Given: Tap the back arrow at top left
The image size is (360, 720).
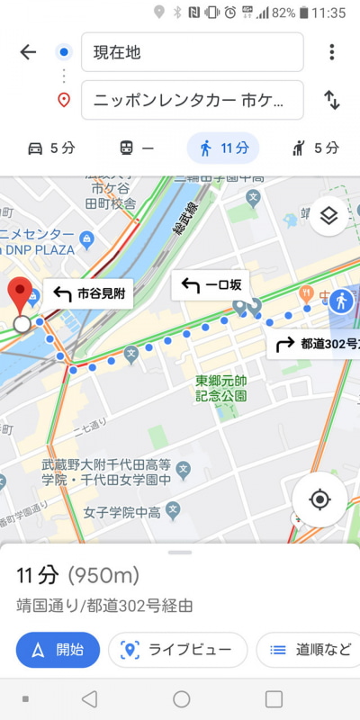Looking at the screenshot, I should (28, 52).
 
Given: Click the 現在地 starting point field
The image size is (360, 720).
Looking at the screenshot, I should (192, 52).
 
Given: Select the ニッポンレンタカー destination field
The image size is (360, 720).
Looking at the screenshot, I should (192, 100).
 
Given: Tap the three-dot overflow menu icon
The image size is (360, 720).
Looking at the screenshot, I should (331, 52).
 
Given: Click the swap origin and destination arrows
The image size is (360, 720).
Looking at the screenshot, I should (331, 100).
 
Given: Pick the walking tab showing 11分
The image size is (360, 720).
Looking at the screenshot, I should (222, 148).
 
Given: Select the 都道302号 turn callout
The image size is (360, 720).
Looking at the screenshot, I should (315, 343).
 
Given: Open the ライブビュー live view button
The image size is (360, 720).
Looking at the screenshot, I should (177, 650).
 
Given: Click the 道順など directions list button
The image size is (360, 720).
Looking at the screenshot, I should (310, 650).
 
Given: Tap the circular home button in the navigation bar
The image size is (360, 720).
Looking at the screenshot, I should (181, 699).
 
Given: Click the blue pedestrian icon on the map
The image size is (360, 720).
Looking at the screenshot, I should (341, 301).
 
